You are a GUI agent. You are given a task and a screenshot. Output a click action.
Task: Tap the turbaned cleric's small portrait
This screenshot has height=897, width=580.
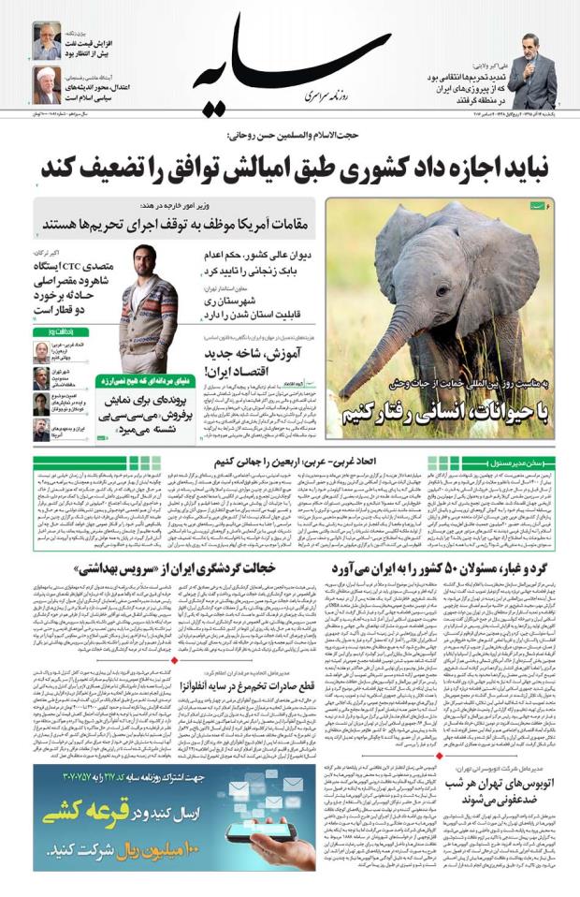click(x=46, y=85)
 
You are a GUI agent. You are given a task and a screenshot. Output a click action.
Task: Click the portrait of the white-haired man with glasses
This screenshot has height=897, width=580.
click(x=46, y=39)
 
